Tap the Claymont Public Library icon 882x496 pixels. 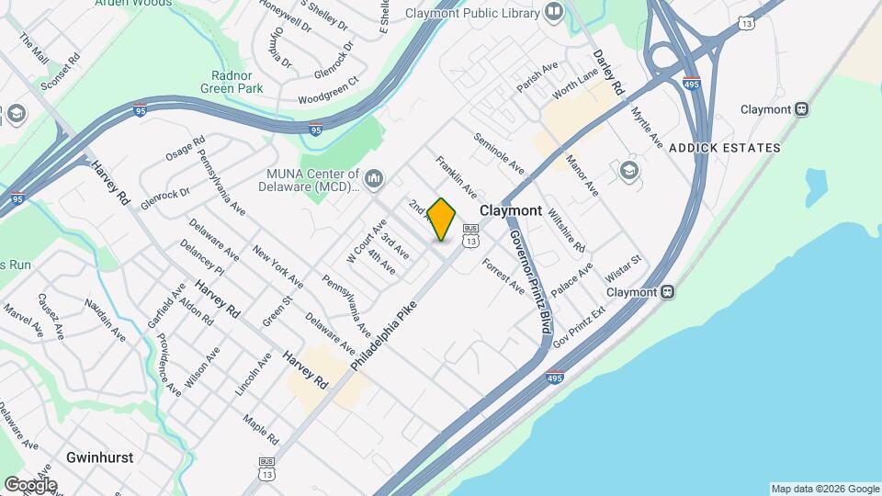tap(554, 12)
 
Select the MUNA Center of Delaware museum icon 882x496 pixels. tap(373, 178)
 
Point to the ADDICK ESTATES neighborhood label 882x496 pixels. tap(725, 148)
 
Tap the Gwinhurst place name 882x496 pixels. tap(99, 457)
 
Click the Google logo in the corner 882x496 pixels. tap(29, 484)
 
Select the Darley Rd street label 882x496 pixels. tap(607, 73)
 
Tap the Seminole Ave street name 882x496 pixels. tap(500, 154)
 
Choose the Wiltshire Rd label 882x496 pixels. tap(566, 230)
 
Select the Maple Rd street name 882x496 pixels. tap(261, 427)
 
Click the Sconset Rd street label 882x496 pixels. tap(61, 71)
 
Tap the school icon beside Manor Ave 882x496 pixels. tap(628, 171)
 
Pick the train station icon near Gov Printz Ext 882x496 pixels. tap(668, 293)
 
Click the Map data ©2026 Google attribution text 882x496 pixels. tap(825, 489)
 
